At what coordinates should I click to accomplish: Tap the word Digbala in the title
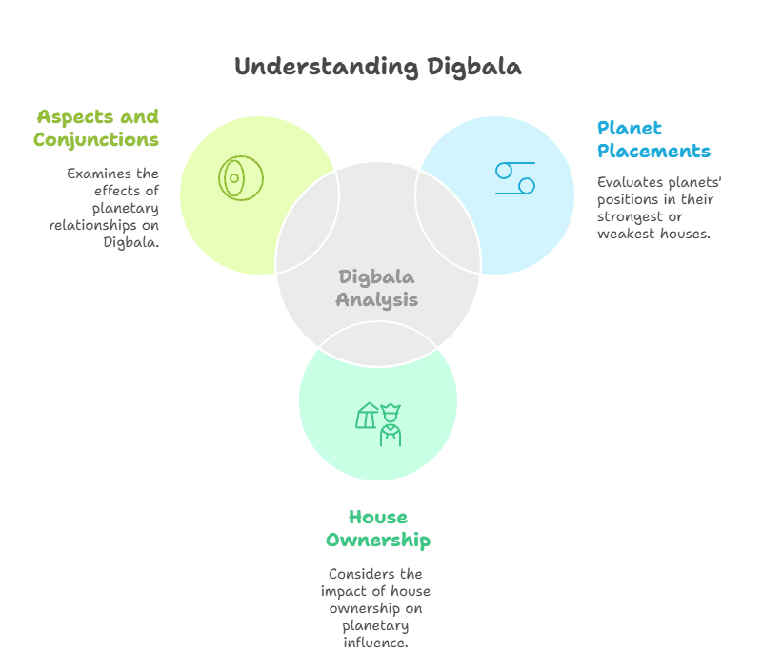point(473,67)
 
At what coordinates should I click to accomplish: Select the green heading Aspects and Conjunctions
point(96,129)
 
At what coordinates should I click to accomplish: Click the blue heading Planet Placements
point(653,139)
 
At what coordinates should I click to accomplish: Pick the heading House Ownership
point(378,529)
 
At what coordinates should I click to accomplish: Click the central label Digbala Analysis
point(377,288)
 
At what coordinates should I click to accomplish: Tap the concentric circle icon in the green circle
point(240,178)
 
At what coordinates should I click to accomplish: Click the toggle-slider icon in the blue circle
point(514,178)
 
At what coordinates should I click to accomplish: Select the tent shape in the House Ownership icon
point(367,416)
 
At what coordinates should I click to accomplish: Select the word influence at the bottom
point(376,643)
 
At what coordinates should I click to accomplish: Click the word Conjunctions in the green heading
point(96,140)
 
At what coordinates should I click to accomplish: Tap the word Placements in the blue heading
point(653,151)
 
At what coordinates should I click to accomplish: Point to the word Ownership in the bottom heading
point(378,541)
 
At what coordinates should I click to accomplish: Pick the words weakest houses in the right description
point(653,233)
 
